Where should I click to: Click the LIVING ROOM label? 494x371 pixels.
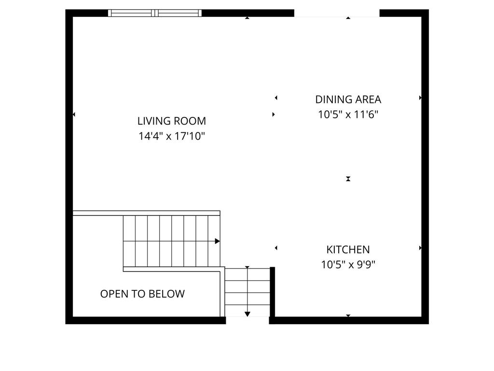172,121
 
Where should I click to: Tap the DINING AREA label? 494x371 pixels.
348,100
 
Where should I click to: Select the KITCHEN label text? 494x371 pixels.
348,250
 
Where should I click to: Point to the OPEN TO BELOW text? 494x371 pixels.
142,294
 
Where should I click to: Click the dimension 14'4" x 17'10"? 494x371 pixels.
172,136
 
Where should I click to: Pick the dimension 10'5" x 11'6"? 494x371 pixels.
348,114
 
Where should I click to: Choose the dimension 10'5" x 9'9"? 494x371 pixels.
348,264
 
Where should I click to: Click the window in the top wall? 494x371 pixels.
155,13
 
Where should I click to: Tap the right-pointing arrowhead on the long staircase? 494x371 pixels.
218,242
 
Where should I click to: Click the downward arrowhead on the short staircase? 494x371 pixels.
247,314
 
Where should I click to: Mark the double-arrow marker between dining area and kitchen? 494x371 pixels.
348,179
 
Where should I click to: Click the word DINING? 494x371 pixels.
333,100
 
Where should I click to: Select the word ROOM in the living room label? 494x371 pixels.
190,121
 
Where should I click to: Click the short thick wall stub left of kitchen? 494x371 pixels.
273,292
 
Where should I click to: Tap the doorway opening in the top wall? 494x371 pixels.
337,13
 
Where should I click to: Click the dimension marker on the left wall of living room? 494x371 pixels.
74,114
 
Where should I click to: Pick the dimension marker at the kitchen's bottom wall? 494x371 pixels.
348,315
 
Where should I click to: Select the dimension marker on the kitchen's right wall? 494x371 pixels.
420,248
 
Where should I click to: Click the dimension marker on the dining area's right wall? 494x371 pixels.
420,98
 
